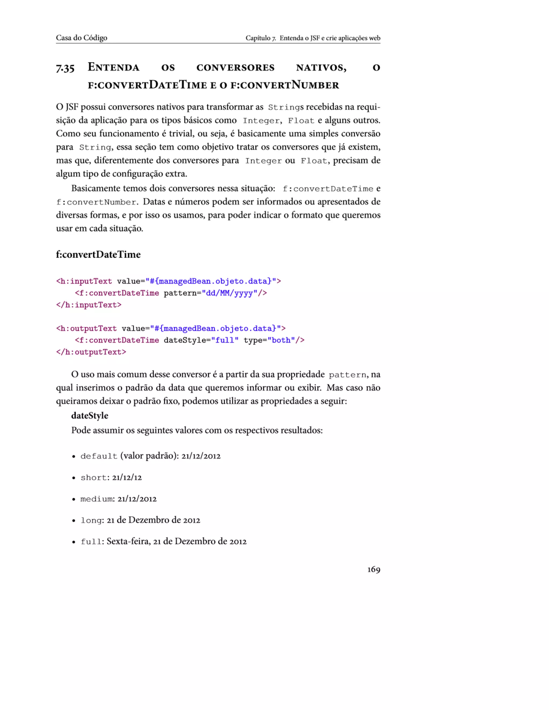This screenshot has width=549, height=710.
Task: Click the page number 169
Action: point(373,569)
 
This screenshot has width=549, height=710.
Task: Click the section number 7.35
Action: point(65,68)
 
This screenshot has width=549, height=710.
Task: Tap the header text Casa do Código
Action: point(81,38)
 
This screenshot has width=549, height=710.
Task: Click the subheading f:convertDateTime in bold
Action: point(98,254)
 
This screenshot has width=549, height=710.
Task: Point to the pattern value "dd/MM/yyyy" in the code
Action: point(229,293)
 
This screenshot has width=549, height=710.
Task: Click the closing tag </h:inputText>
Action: point(89,305)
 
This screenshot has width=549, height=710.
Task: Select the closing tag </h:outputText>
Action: point(91,352)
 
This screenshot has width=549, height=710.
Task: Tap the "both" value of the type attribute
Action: point(281,340)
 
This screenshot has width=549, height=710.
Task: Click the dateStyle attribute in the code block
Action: point(184,340)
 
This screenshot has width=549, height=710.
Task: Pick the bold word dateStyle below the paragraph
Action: point(90,416)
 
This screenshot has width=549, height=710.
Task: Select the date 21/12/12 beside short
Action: point(127,477)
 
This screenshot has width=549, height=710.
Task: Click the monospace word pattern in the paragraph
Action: point(347,375)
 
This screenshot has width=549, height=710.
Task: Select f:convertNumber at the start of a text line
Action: point(96,202)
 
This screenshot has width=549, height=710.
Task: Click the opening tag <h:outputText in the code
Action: point(86,328)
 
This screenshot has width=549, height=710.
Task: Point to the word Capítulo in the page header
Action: point(258,38)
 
